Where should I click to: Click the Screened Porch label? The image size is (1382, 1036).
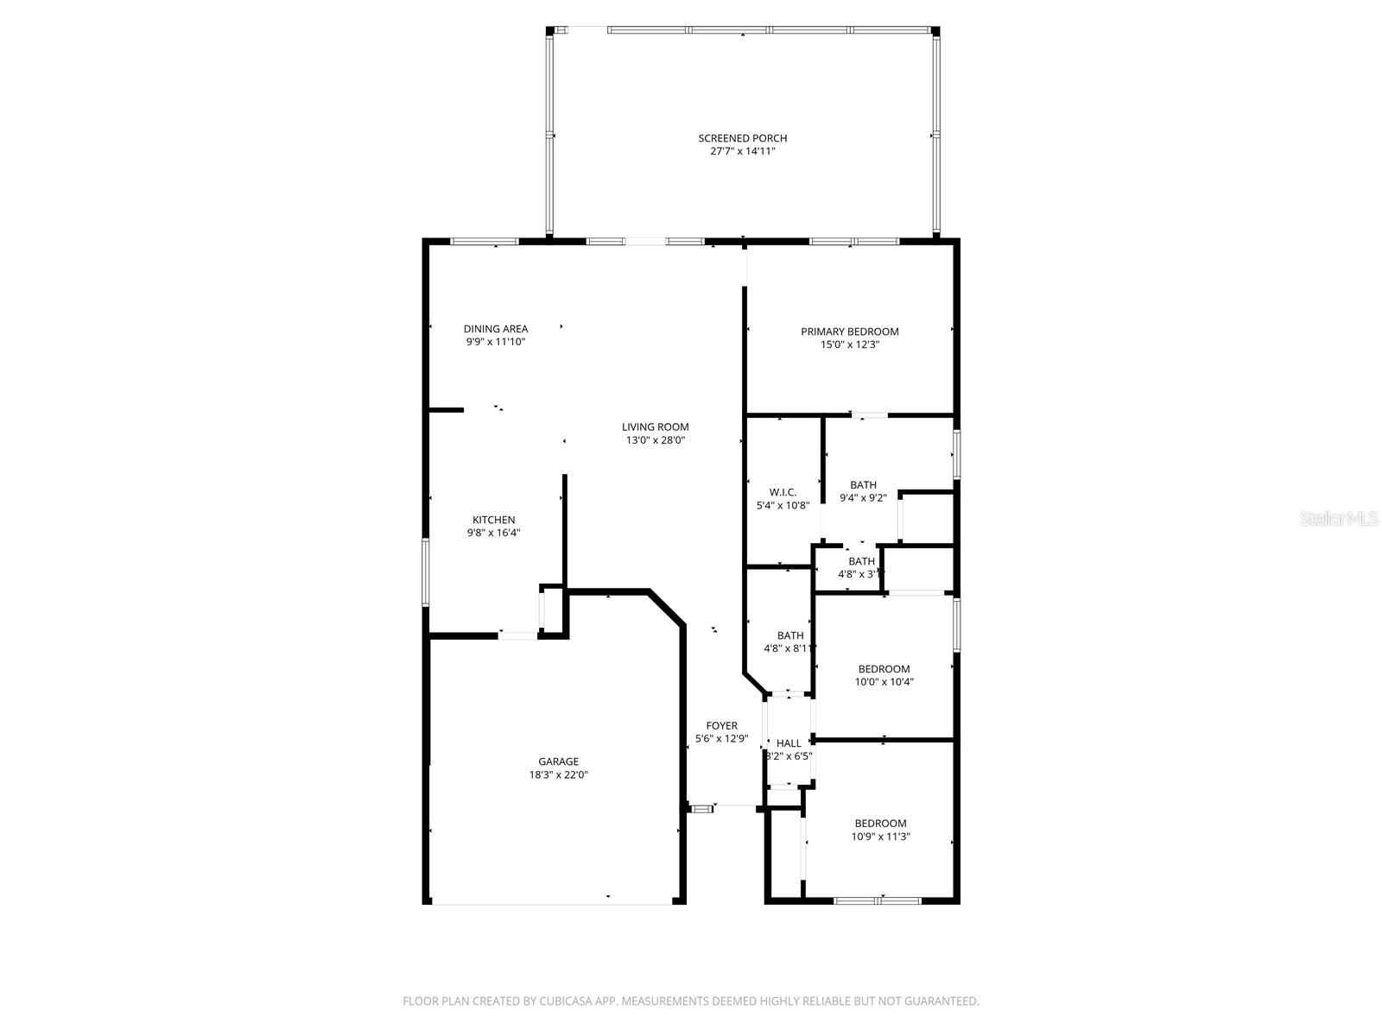[742, 138]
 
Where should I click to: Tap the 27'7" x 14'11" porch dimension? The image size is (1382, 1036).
[742, 151]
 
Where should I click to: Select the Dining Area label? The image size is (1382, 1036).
[495, 329]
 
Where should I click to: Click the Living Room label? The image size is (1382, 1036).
[655, 426]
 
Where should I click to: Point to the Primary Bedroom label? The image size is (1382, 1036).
[849, 332]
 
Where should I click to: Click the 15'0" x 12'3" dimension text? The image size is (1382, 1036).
[849, 344]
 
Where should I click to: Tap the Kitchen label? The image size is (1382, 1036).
[493, 520]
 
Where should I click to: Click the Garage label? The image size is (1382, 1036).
[558, 761]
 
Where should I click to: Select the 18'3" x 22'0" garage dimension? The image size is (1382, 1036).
[558, 774]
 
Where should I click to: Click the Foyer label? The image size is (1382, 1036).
[721, 726]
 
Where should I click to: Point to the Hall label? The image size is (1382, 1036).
[788, 743]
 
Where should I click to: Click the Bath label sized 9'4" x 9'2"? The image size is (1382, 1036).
[862, 485]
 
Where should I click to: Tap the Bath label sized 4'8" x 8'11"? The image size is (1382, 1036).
[789, 636]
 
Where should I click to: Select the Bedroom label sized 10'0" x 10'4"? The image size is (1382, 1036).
[884, 669]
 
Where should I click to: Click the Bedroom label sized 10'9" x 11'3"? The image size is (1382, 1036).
[880, 824]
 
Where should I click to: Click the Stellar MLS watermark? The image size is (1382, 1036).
[1340, 519]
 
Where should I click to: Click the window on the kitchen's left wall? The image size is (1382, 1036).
[425, 572]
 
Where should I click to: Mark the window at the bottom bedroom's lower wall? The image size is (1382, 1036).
[878, 900]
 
